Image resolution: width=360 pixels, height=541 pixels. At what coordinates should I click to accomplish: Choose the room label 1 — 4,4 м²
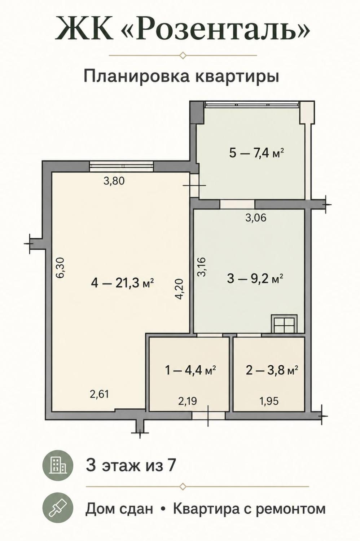(x=190, y=370)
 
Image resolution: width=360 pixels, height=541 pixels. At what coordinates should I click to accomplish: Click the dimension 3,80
(x=114, y=181)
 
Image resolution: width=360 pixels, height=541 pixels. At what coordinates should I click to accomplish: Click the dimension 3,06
(x=256, y=218)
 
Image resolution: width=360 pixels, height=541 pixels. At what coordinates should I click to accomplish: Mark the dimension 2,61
(x=99, y=395)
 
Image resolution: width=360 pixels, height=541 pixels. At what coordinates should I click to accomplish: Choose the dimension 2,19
(x=188, y=401)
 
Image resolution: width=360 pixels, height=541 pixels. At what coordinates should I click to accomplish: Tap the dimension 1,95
(x=269, y=401)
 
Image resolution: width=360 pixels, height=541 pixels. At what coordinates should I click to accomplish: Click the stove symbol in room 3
(x=284, y=324)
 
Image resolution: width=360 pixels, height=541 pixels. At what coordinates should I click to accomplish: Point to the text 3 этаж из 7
(x=130, y=465)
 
